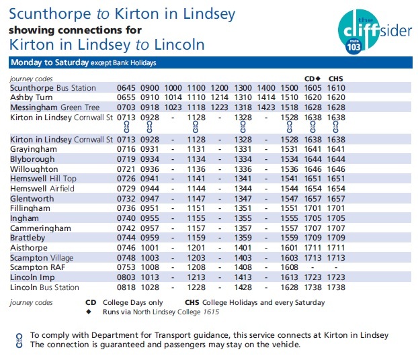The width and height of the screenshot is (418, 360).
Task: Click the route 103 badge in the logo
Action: pos(353,46)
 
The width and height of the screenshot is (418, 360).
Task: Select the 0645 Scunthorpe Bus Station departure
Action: pos(126,88)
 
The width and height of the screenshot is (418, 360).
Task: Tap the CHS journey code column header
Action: pos(335,79)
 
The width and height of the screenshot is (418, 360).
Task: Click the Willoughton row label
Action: pos(34,169)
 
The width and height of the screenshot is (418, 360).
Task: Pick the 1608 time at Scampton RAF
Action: pos(289,267)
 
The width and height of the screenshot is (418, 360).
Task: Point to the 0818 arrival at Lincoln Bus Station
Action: pos(126,287)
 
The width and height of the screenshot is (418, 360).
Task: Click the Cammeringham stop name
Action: pos(40,228)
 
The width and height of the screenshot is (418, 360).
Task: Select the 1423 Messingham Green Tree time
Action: pos(266,107)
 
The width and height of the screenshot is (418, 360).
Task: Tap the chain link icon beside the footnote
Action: pos(19,341)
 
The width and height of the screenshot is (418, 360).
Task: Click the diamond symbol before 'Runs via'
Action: pos(89,312)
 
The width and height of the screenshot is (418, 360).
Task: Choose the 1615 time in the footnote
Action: pos(211,312)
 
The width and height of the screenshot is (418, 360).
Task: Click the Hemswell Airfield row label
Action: pos(42,189)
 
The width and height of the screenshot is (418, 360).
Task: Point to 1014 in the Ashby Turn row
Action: pos(173,97)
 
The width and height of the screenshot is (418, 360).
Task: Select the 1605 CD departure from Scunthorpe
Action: pos(312,88)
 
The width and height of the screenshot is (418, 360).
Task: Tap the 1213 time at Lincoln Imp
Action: pos(196,277)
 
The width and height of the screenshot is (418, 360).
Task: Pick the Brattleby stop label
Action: pos(28,238)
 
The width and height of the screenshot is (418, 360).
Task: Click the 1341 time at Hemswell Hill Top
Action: pos(243,179)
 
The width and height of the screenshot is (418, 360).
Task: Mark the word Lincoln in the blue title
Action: pos(179,44)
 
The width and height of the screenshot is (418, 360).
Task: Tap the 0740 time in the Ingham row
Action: pos(126,218)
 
